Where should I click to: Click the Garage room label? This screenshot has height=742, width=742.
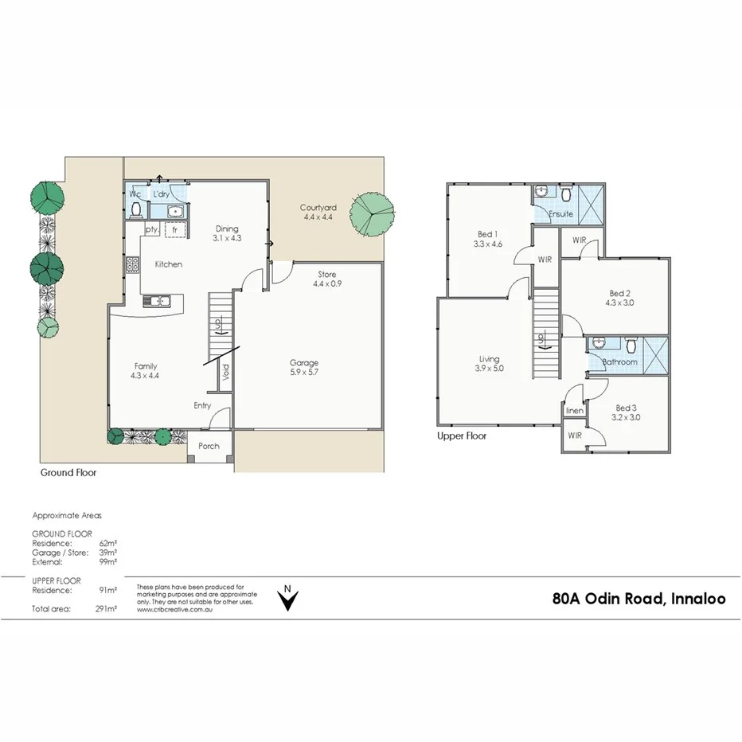(x=304, y=363)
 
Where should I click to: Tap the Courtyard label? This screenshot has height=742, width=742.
(x=318, y=209)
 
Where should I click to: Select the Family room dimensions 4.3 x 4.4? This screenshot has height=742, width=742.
(x=145, y=376)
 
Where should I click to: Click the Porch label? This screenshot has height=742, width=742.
(x=209, y=446)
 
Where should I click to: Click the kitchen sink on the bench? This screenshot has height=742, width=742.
(x=156, y=301)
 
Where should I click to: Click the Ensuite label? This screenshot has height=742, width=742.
(x=560, y=213)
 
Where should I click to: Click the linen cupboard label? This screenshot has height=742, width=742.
(x=574, y=411)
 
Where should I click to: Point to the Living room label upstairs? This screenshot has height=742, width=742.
(x=489, y=359)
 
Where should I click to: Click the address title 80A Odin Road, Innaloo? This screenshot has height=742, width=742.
(x=639, y=599)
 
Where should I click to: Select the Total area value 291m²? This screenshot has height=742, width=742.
(x=106, y=609)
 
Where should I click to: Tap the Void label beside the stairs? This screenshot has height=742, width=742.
(x=225, y=373)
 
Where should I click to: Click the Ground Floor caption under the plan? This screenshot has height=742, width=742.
(x=68, y=472)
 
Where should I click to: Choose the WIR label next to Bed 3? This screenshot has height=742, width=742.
(x=574, y=436)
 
